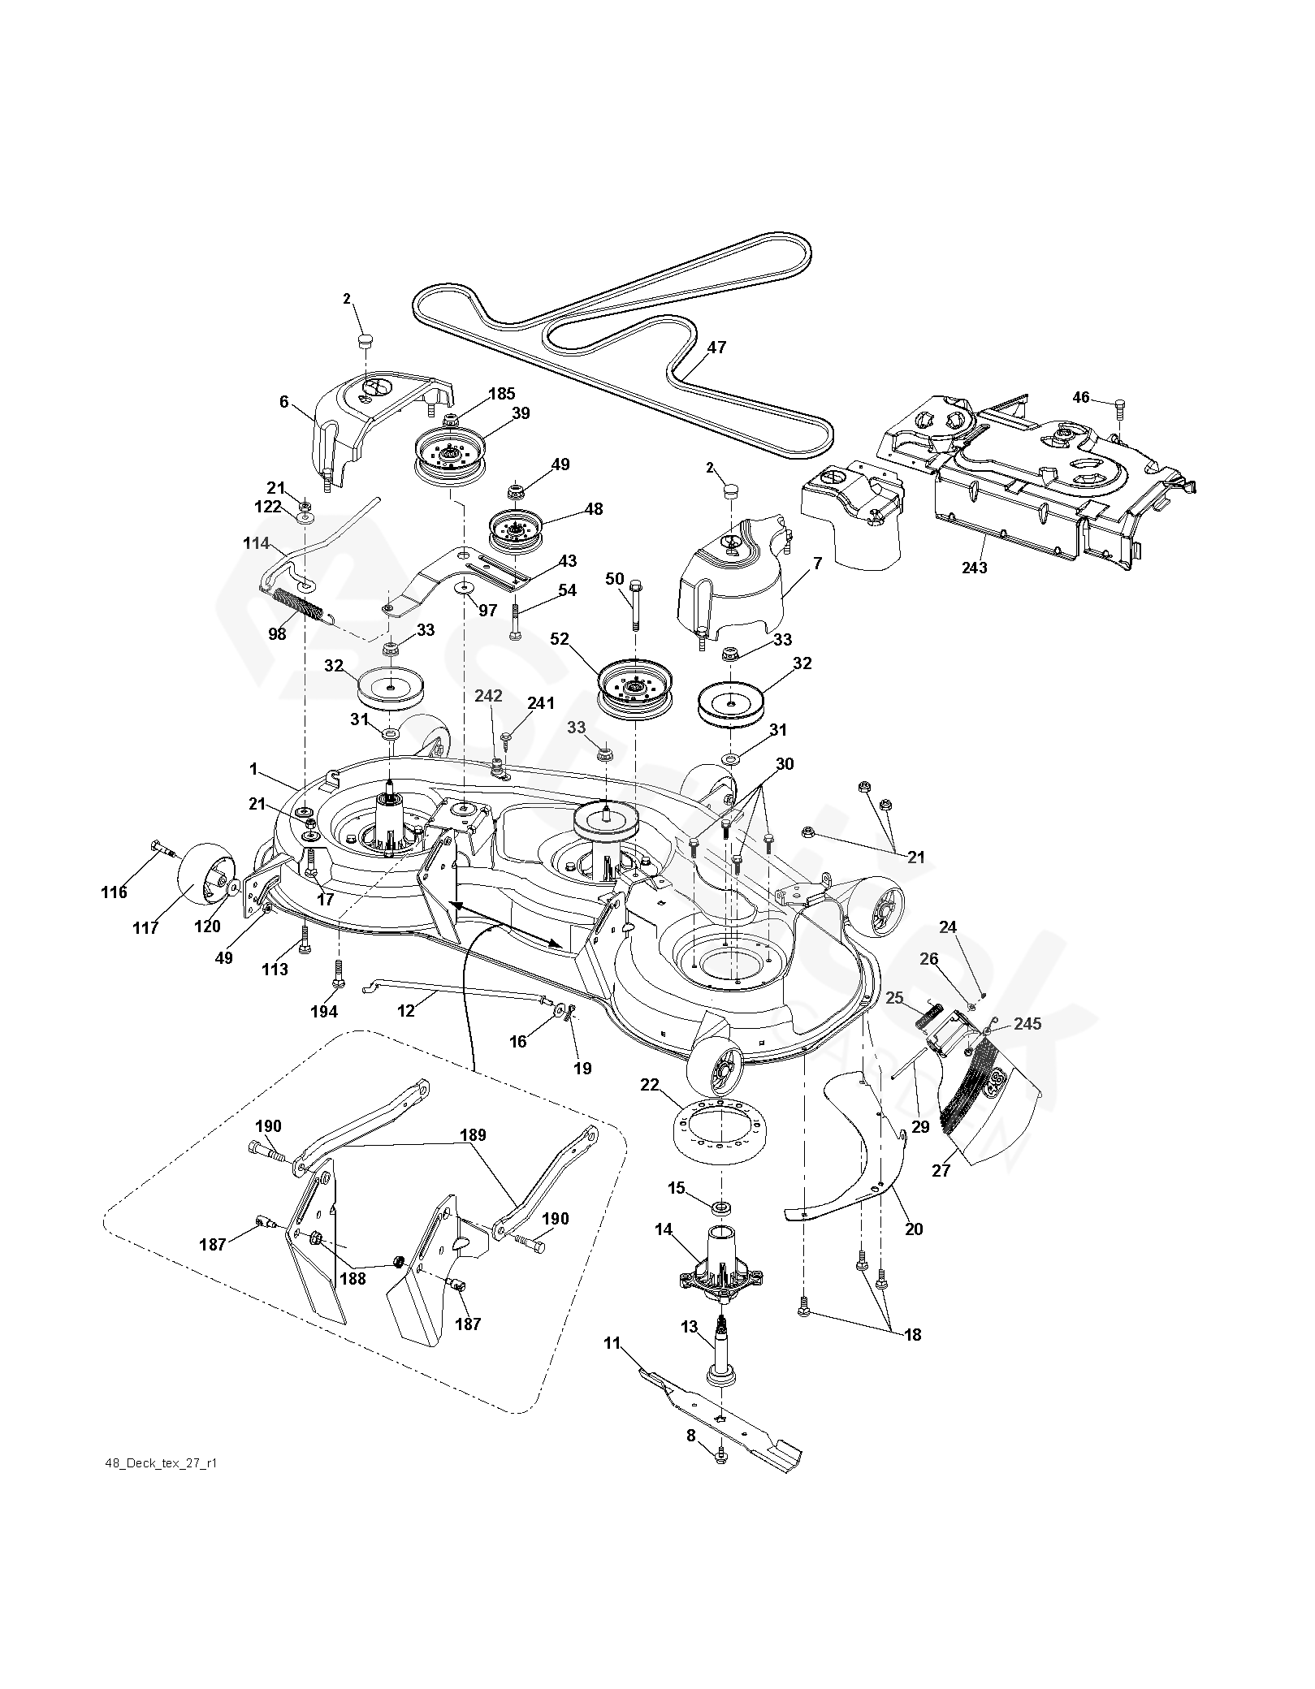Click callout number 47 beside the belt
click(x=716, y=348)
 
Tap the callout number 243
click(x=973, y=568)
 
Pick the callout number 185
click(x=501, y=395)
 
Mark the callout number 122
click(x=269, y=506)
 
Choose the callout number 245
click(x=1027, y=1024)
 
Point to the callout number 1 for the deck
click(x=253, y=768)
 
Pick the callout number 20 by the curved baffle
click(x=914, y=1229)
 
